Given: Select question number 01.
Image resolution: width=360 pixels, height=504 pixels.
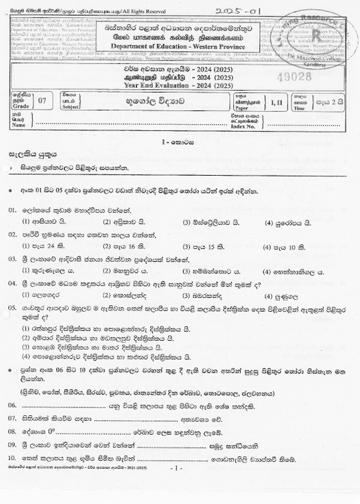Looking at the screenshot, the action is pyautogui.click(x=13, y=209).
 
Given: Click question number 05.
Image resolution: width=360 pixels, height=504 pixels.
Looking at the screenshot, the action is pyautogui.click(x=13, y=308).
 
